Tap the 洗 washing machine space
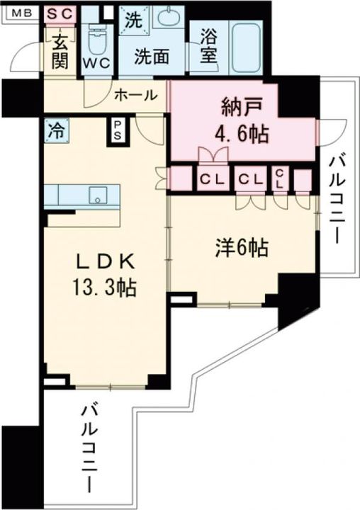pos(132,22)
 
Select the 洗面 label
pos(151,55)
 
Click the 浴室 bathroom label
pos(208,47)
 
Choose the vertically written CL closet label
pos(280,179)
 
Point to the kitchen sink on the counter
pos(96,194)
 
